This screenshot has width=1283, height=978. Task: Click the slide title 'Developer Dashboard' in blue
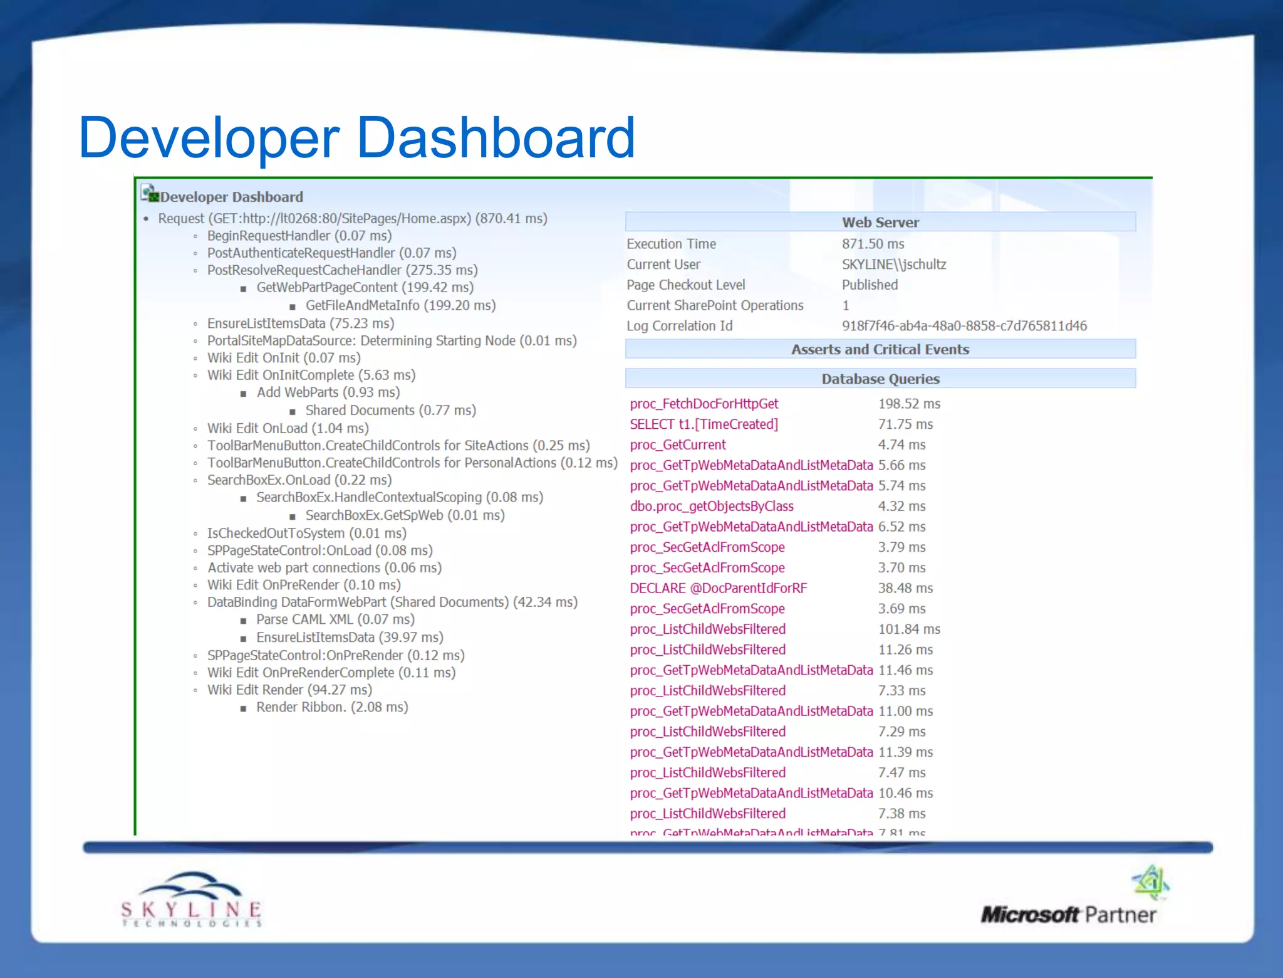tap(356, 137)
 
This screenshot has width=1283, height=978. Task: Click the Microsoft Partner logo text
tap(1068, 915)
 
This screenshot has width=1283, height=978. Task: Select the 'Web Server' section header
tap(880, 222)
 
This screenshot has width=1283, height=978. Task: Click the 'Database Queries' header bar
tap(880, 379)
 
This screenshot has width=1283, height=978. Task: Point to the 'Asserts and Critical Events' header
tap(880, 349)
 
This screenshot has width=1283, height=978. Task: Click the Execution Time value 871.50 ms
tap(873, 244)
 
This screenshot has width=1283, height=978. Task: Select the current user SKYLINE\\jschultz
tap(893, 265)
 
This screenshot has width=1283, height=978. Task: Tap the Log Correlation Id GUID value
tap(964, 326)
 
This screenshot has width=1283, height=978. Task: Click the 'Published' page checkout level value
tap(870, 285)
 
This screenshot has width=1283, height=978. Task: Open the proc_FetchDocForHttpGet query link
tap(704, 404)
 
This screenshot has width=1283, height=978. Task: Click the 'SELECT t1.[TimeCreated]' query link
tap(704, 424)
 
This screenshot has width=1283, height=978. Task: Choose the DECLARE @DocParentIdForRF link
tap(718, 588)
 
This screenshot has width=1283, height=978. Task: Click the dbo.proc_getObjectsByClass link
tap(712, 507)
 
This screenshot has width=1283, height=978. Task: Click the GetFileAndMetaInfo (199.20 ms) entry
tap(400, 305)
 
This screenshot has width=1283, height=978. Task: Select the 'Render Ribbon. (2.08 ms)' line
tap(332, 707)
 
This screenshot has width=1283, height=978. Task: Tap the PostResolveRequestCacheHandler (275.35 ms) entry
tap(342, 270)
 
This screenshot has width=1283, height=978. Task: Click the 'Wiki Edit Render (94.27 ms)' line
tap(289, 690)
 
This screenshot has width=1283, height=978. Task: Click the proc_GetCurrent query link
tap(678, 445)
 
